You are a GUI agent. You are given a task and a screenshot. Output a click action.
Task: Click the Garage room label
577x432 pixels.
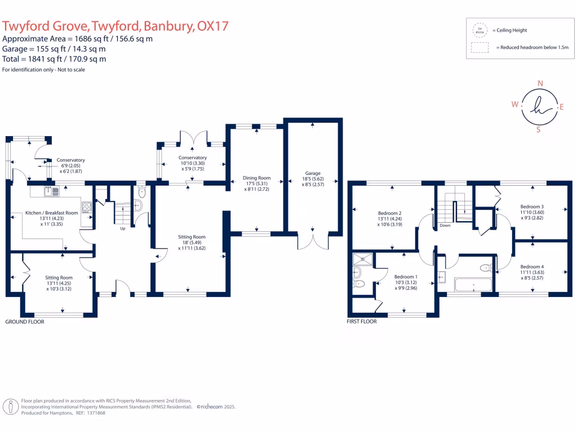313,173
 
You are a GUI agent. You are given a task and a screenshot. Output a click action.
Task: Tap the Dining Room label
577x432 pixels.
257,178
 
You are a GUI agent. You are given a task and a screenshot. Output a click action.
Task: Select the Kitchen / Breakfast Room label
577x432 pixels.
52,213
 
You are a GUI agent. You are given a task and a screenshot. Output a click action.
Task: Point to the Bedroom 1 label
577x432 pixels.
406,277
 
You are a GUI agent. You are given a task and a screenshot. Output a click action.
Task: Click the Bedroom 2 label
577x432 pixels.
389,213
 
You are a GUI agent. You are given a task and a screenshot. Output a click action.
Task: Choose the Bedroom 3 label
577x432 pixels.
531,207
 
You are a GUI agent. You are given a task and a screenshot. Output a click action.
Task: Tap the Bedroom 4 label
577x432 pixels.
531,267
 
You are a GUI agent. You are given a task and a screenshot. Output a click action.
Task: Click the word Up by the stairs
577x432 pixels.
122,229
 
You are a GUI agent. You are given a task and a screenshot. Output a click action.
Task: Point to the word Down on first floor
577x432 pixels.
445,225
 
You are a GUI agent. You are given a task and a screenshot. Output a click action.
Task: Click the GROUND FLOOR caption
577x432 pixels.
25,322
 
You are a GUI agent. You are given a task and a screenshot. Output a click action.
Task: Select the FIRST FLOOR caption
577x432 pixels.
362,322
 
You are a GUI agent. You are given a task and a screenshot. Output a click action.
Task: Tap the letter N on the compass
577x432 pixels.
540,84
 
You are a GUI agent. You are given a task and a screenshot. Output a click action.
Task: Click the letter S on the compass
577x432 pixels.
539,129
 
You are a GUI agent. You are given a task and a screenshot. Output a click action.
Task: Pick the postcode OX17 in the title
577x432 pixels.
214,26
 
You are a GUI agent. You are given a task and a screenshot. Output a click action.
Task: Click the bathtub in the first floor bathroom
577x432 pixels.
473,285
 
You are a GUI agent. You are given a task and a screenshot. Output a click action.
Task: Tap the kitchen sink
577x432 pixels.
52,191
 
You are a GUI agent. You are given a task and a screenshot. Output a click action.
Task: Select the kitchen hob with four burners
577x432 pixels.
87,207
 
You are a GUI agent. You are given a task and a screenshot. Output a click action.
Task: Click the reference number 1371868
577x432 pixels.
94,413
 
